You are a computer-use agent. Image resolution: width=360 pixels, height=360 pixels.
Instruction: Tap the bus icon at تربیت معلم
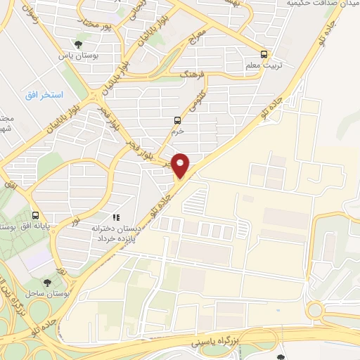(264, 53)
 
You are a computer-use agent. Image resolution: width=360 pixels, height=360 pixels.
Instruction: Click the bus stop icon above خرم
(176, 120)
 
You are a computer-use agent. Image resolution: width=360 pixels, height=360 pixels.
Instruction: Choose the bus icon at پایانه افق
(36, 215)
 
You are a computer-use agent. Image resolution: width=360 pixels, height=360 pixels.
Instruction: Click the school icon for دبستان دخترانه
(116, 218)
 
